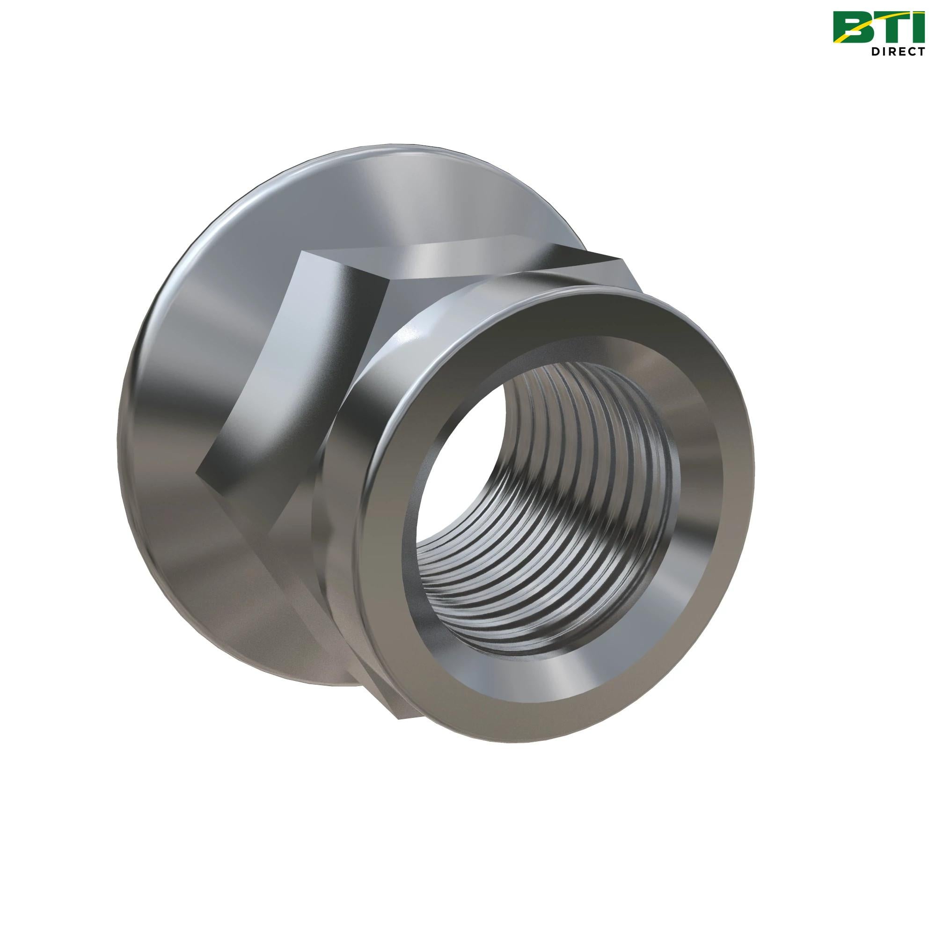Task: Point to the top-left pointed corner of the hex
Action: [x=302, y=252]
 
